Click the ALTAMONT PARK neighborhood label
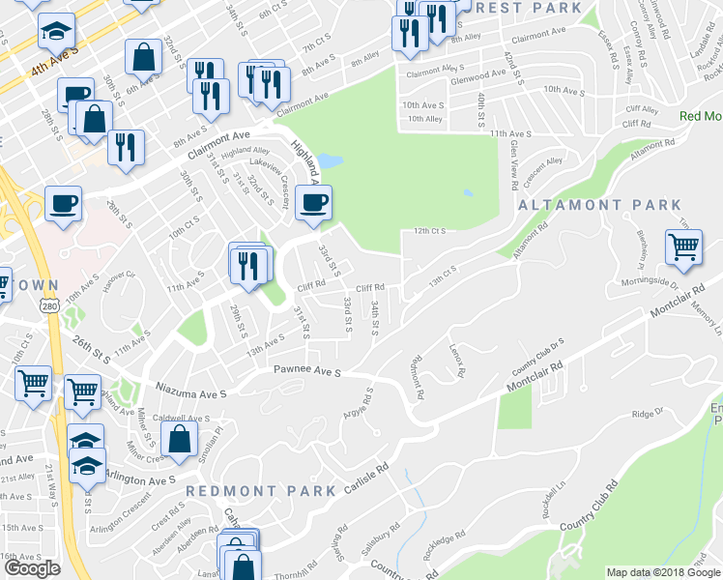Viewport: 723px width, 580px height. click(x=599, y=206)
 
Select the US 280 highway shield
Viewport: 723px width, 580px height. click(x=49, y=305)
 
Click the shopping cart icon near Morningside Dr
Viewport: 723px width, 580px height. click(x=683, y=247)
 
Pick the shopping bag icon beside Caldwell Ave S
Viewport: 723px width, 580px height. click(x=181, y=440)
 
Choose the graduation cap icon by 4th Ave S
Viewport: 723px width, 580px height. click(x=57, y=32)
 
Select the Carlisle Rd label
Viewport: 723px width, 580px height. click(x=366, y=478)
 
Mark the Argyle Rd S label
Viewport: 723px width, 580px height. click(x=356, y=406)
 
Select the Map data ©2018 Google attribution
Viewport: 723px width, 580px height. click(x=663, y=573)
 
